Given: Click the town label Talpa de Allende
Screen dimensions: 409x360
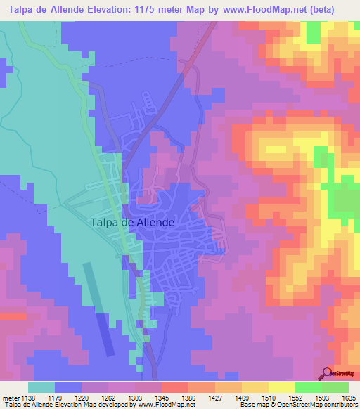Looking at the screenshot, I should tap(132, 222).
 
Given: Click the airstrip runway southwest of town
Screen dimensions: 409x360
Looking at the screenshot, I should tap(98, 309).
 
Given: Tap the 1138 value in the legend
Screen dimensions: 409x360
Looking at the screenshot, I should tap(28, 398).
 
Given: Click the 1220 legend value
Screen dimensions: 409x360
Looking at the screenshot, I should tap(82, 398).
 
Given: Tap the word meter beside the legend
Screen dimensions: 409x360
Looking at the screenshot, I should tap(10, 398).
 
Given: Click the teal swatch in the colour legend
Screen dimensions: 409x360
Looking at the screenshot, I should tap(41, 387).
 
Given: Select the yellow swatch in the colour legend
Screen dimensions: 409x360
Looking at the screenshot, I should tap(281, 387).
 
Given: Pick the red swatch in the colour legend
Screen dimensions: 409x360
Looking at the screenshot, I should tap(174, 387).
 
